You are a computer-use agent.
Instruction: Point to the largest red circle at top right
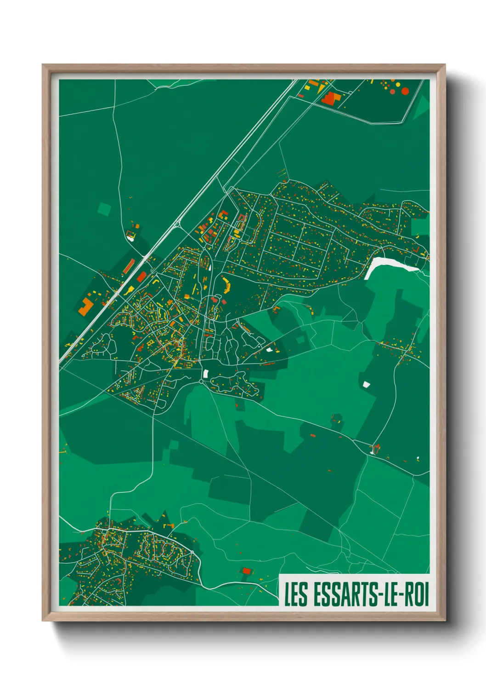(405, 91)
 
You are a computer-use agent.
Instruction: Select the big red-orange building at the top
(330, 98)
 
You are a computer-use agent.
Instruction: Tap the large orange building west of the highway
(85, 306)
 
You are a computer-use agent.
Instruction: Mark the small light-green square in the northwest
(104, 209)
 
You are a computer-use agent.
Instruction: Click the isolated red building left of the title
(247, 571)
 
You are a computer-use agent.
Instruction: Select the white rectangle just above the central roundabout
(206, 374)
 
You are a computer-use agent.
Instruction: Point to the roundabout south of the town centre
(202, 381)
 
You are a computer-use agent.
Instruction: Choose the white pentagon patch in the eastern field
(366, 384)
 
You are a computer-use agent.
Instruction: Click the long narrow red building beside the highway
(129, 266)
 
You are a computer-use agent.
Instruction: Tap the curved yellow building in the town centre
(226, 285)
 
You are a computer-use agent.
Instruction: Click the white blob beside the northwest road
(131, 238)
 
